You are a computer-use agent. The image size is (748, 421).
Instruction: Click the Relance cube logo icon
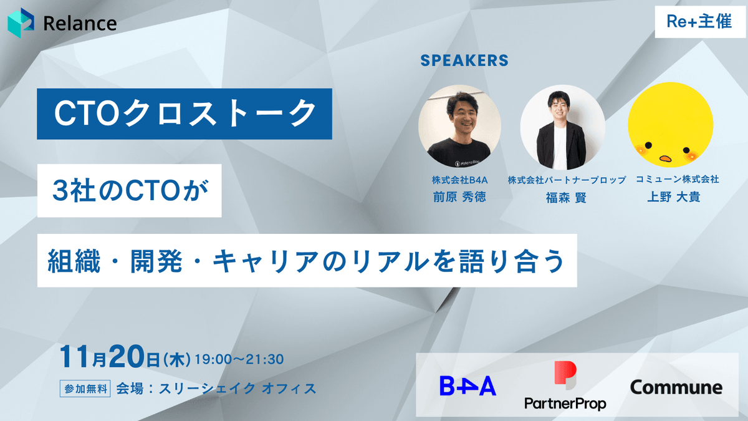click(21, 22)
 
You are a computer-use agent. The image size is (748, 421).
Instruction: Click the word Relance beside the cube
click(80, 24)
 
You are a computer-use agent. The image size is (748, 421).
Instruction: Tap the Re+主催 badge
click(700, 22)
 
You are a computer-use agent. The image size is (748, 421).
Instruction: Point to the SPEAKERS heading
click(464, 60)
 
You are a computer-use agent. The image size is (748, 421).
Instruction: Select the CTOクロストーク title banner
click(185, 114)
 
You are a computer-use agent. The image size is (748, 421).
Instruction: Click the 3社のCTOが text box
click(129, 191)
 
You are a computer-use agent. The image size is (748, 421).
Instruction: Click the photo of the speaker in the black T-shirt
click(459, 126)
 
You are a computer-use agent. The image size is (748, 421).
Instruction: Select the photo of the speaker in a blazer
click(563, 127)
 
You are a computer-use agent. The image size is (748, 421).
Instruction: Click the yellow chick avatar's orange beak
click(665, 158)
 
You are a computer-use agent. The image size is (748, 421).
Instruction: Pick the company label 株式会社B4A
click(459, 180)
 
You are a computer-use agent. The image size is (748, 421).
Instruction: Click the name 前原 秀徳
click(459, 197)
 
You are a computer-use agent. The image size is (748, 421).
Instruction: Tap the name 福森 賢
click(566, 198)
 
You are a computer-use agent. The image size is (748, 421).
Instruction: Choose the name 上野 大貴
click(674, 197)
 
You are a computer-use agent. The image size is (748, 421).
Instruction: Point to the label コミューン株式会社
click(677, 180)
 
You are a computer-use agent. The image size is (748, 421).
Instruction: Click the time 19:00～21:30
click(239, 359)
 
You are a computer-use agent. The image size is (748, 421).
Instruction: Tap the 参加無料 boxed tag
click(85, 389)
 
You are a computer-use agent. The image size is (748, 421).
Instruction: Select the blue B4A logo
click(468, 386)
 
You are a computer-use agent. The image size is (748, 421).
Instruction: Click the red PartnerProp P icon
click(565, 375)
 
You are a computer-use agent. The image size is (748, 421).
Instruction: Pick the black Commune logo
click(676, 387)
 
